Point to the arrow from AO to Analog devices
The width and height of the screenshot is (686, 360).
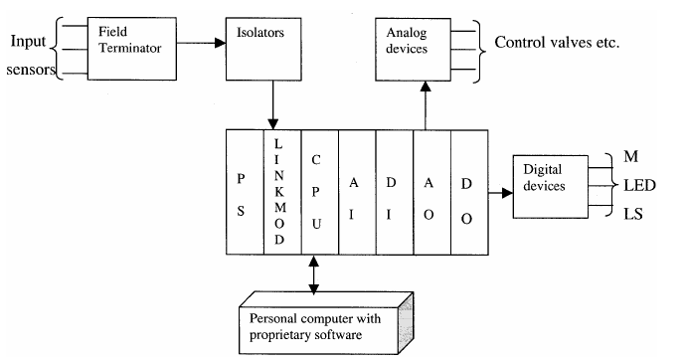coord(428,104)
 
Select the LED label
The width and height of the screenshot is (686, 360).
coord(637,185)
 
